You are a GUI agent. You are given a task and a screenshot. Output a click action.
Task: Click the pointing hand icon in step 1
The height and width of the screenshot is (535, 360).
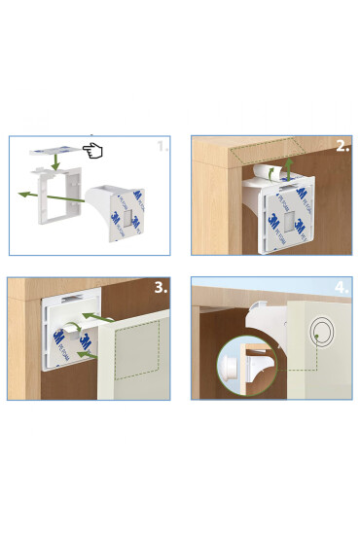(93, 150)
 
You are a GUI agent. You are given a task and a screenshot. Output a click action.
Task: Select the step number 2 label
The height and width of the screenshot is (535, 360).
(342, 147)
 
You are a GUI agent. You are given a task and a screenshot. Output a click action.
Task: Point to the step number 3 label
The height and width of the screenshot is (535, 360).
(162, 288)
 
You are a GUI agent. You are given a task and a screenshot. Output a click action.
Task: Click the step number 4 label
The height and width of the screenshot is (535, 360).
(342, 288)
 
